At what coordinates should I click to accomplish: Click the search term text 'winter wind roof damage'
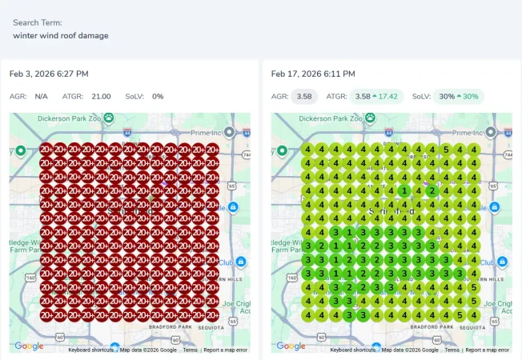point(61,35)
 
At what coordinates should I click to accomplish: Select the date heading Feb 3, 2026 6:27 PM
point(49,74)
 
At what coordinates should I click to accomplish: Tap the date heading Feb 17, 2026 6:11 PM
point(311,74)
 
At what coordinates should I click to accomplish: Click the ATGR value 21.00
point(101,97)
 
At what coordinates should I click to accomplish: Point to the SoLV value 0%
point(158,97)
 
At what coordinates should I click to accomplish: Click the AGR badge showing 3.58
point(303,97)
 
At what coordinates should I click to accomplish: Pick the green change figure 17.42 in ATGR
point(387,97)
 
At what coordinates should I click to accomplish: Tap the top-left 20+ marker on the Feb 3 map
point(46,149)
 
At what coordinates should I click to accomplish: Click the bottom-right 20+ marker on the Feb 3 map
point(212,315)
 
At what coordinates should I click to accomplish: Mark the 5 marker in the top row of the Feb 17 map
point(446,149)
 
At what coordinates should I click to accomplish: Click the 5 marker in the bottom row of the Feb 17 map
point(460,315)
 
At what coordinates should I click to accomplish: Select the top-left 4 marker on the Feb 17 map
point(308,149)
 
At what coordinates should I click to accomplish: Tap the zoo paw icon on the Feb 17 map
point(371,118)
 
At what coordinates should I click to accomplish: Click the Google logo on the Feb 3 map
point(29,346)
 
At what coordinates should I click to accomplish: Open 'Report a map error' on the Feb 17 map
point(487,350)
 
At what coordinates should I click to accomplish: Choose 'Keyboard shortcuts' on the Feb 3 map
point(90,350)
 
